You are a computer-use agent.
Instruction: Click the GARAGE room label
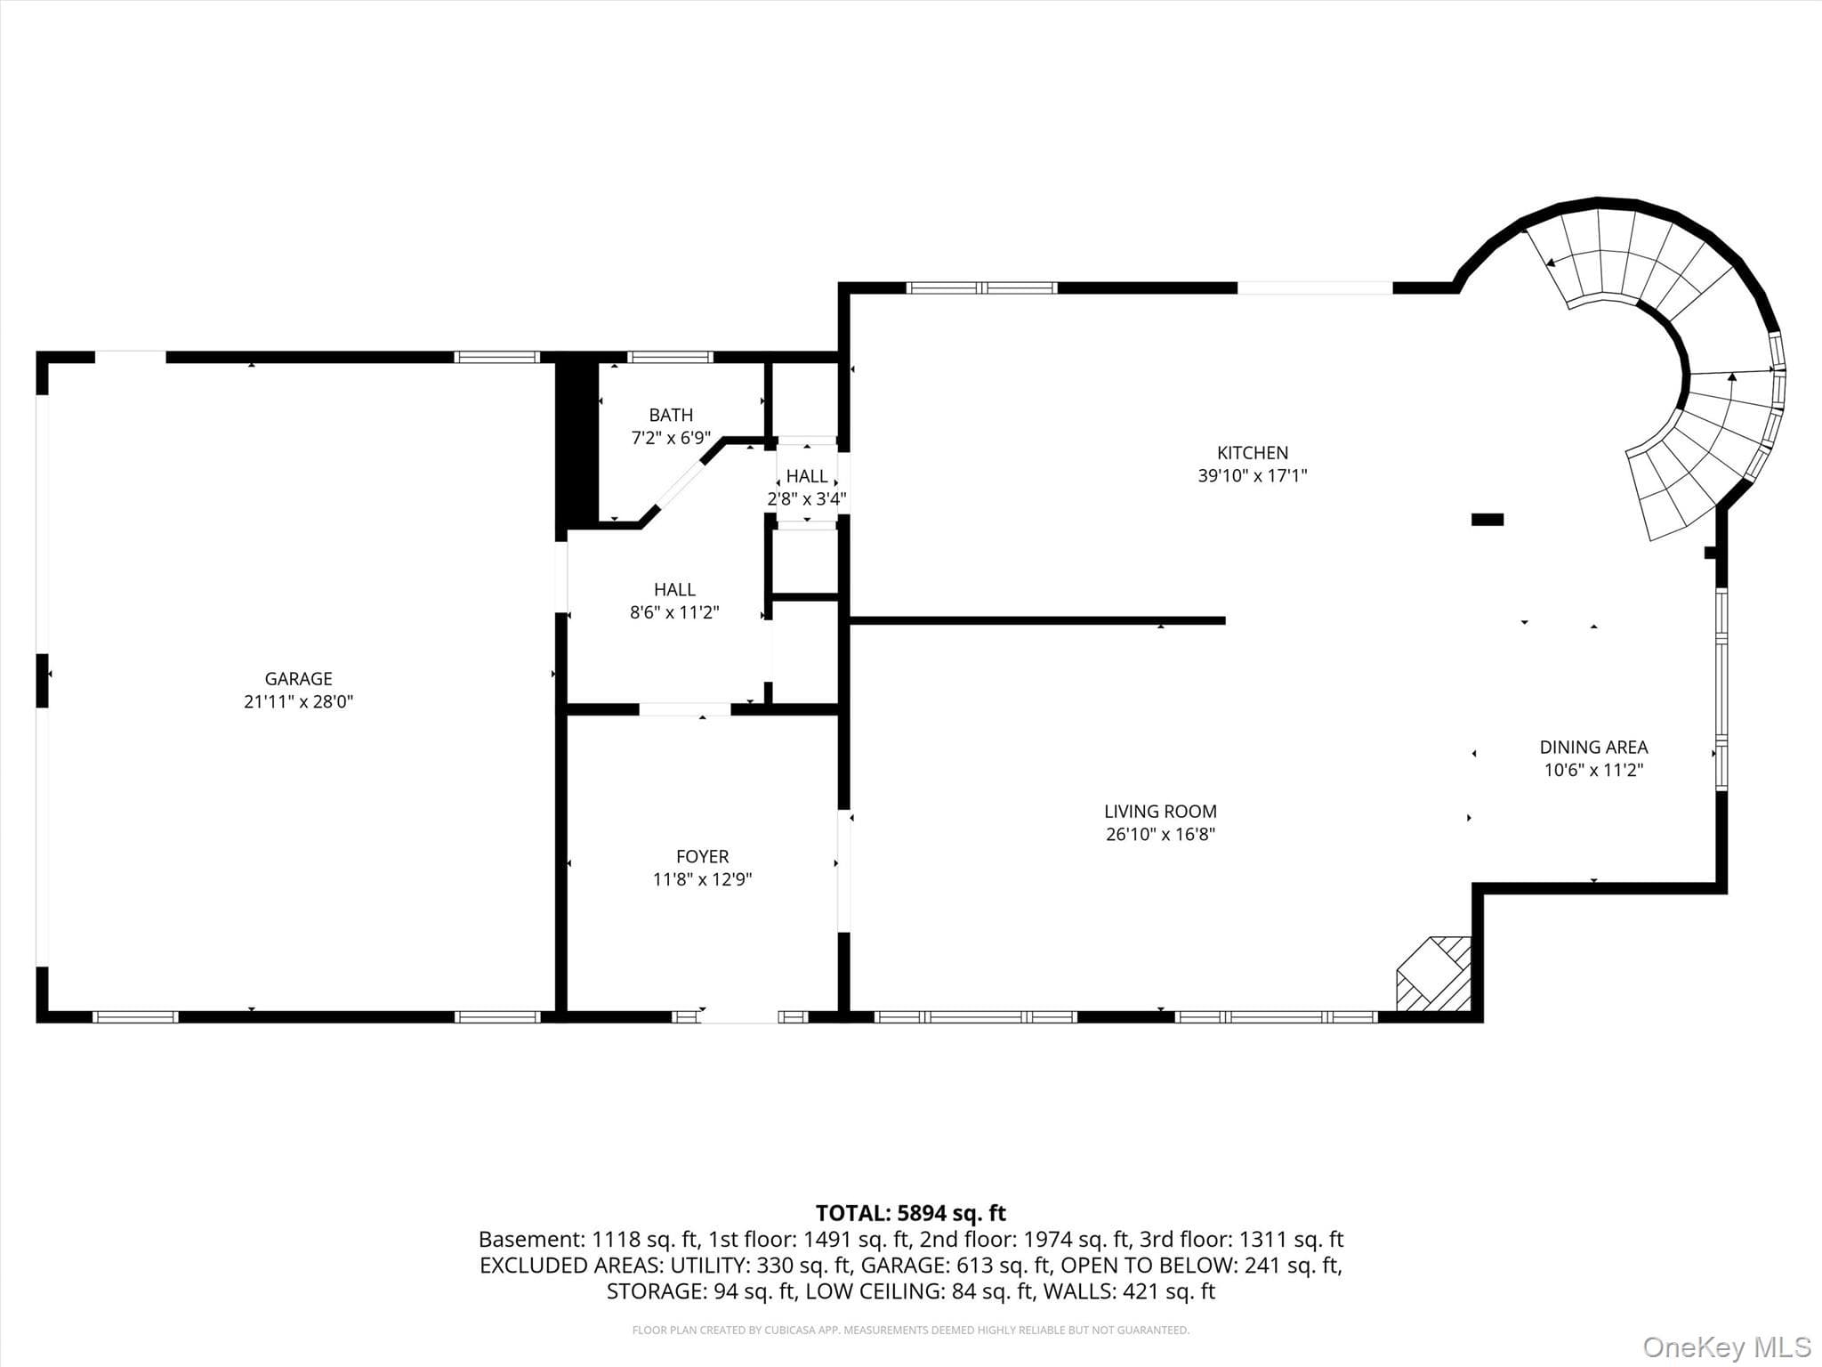pyautogui.click(x=298, y=678)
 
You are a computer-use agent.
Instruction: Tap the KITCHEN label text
pyautogui.click(x=1253, y=452)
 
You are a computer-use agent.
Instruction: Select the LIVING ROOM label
pyautogui.click(x=1160, y=811)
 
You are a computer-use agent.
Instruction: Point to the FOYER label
pyautogui.click(x=702, y=856)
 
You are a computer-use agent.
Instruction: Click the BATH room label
pyautogui.click(x=671, y=415)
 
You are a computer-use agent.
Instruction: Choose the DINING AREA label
pyautogui.click(x=1593, y=747)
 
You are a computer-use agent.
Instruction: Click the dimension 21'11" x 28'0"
pyautogui.click(x=298, y=701)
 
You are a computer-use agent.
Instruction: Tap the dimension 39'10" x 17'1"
pyautogui.click(x=1253, y=475)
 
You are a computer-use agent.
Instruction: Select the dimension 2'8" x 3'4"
pyautogui.click(x=807, y=498)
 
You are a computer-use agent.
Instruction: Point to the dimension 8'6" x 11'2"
pyautogui.click(x=674, y=612)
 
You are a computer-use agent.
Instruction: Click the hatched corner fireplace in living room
pyautogui.click(x=1433, y=974)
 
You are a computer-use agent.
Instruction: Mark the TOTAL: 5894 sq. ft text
pyautogui.click(x=911, y=1213)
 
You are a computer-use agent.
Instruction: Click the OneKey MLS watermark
pyautogui.click(x=1727, y=1347)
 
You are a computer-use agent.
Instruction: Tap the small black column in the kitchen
pyautogui.click(x=1487, y=520)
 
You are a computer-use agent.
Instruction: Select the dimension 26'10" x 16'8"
pyautogui.click(x=1160, y=834)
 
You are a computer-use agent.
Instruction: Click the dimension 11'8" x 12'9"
pyautogui.click(x=702, y=879)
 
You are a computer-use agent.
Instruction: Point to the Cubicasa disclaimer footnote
pyautogui.click(x=911, y=1331)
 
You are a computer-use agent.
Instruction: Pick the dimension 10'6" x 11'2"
pyautogui.click(x=1593, y=770)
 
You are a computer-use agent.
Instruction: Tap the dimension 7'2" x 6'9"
pyautogui.click(x=671, y=438)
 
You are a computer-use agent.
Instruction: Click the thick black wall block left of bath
pyautogui.click(x=576, y=442)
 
